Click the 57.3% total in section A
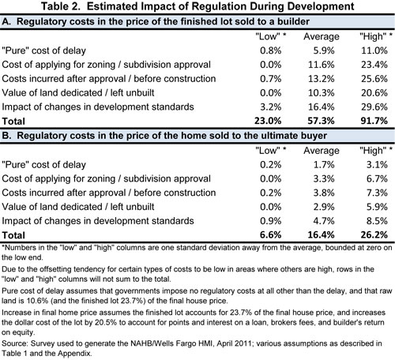point(321,121)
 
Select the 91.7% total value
point(374,121)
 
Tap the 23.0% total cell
point(268,121)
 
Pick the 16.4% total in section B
point(321,234)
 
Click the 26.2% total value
point(374,234)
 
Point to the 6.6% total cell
point(270,234)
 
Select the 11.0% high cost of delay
point(374,51)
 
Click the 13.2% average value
point(322,79)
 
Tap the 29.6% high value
point(374,107)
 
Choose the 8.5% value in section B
point(377,221)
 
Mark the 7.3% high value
point(377,193)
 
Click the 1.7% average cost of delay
point(324,165)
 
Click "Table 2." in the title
point(61,6)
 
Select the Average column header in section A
point(322,36)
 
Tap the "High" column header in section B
point(373,151)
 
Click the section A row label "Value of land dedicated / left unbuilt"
point(78,93)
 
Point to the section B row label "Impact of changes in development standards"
point(98,221)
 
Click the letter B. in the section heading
point(6,136)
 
